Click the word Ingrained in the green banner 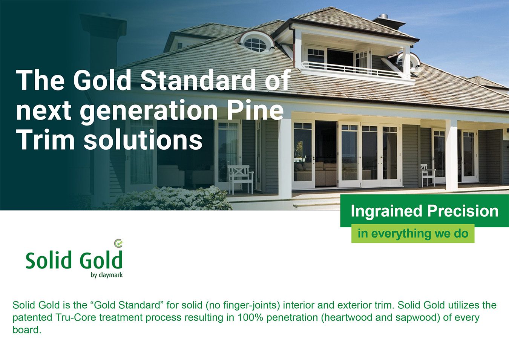pos(386,211)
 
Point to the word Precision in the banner pos(463,211)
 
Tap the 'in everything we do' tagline pos(413,234)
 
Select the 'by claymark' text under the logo pos(107,275)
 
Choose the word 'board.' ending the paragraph pos(27,330)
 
